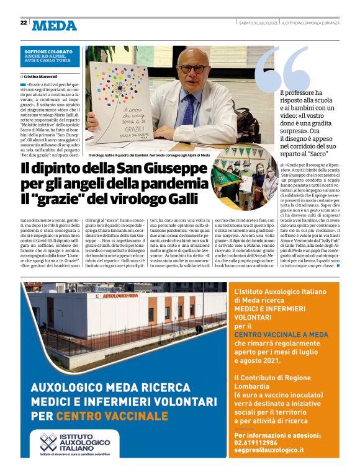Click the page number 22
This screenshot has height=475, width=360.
point(23,22)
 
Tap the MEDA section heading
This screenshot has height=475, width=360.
point(55,25)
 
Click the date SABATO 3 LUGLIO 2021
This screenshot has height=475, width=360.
point(258,22)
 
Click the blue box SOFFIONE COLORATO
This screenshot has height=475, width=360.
point(48,52)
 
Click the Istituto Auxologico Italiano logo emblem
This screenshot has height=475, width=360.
point(48,443)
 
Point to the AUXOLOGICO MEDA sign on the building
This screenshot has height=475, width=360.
point(119,296)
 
